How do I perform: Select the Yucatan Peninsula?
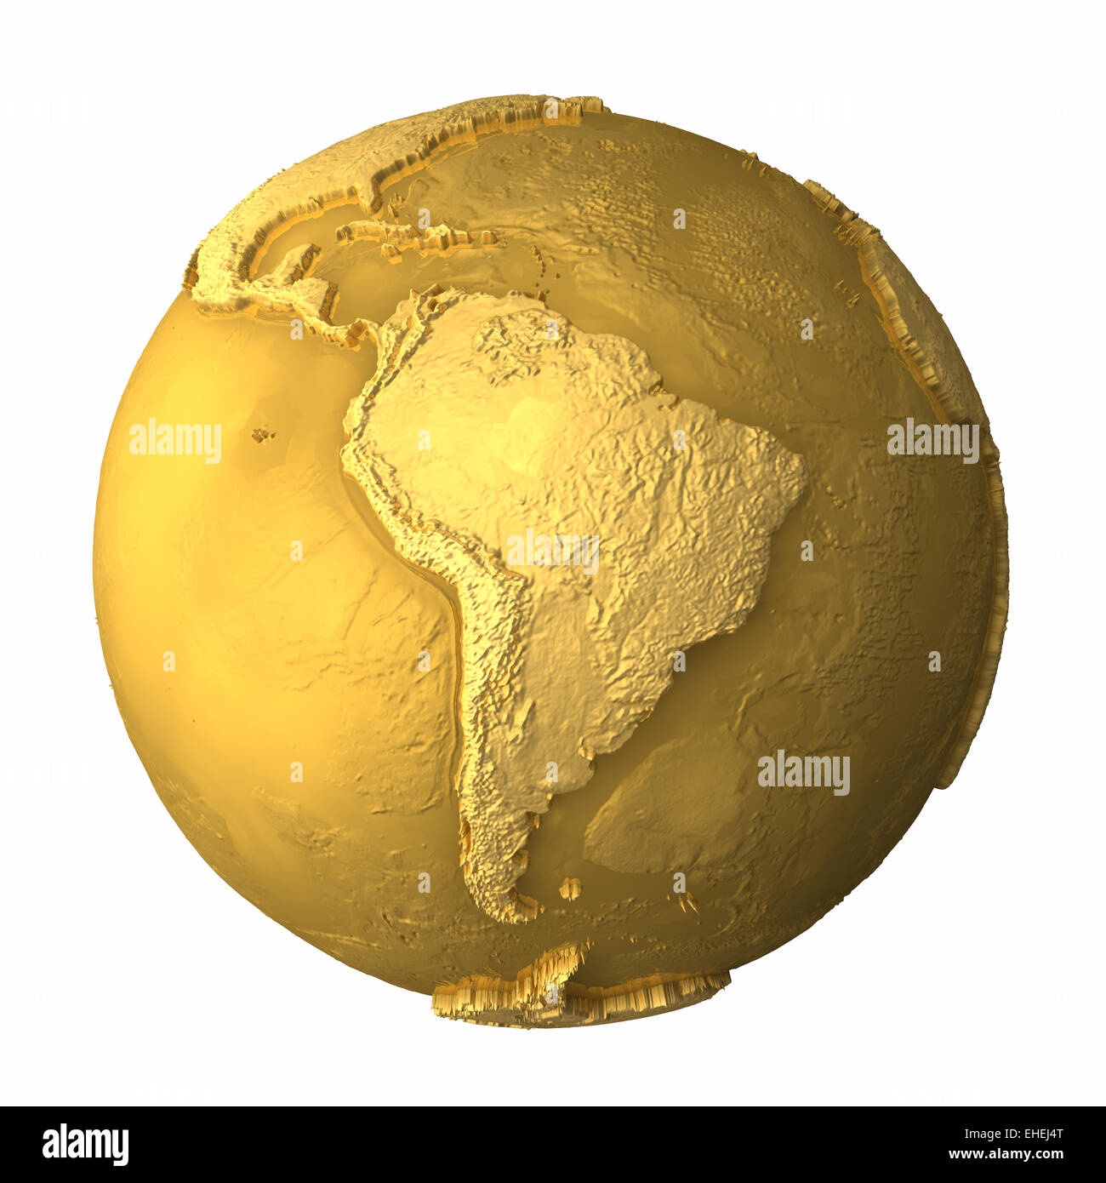tap(298, 260)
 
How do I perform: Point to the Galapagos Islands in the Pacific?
tap(262, 435)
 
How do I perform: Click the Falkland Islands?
tap(569, 888)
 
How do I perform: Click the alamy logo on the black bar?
tap(85, 1145)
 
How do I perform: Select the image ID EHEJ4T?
tap(1033, 1134)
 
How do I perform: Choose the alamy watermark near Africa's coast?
tap(932, 441)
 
